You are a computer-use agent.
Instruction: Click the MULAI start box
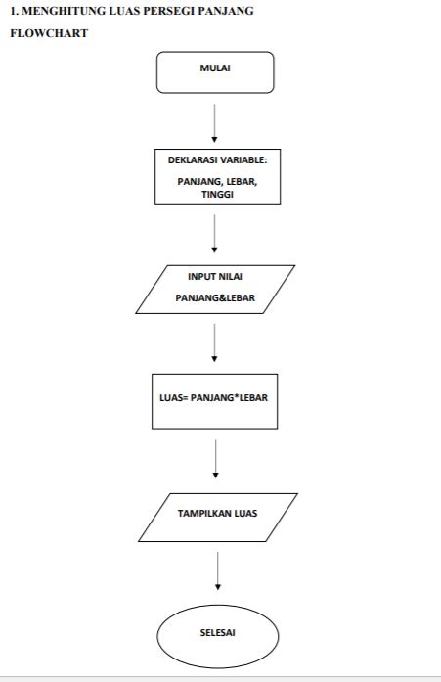click(x=215, y=71)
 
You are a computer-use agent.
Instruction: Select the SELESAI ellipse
click(x=217, y=632)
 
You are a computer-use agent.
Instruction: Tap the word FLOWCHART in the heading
click(x=50, y=33)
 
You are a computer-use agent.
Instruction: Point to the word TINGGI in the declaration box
click(x=217, y=194)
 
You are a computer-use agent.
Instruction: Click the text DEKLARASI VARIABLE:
click(x=217, y=160)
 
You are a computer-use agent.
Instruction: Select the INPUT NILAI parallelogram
click(x=215, y=289)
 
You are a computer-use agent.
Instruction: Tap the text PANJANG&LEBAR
click(x=215, y=297)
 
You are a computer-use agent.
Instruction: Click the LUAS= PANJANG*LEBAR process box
click(x=215, y=398)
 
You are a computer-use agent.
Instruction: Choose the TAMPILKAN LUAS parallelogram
click(x=217, y=517)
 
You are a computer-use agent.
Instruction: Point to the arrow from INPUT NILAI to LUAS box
click(x=215, y=341)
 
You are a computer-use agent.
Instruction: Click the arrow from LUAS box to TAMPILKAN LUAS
click(x=215, y=459)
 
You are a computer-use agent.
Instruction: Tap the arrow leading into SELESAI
click(x=217, y=570)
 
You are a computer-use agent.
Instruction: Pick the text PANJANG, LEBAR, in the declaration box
click(x=217, y=181)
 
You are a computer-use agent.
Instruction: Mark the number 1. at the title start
click(x=14, y=11)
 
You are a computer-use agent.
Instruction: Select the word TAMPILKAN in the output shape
click(x=203, y=511)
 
